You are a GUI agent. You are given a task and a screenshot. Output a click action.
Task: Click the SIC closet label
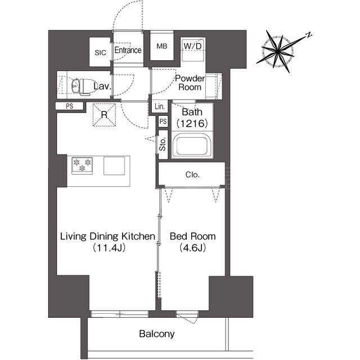100,52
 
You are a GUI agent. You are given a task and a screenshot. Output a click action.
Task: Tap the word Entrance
128,50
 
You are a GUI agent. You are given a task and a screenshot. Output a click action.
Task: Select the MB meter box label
162,46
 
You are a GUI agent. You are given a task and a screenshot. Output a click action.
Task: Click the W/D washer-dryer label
193,46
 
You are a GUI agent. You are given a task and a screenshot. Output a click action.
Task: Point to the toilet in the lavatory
82,86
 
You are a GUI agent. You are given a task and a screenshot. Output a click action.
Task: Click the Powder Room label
190,83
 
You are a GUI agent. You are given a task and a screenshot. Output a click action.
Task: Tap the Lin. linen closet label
160,106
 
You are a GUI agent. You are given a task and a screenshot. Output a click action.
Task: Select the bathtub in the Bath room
192,146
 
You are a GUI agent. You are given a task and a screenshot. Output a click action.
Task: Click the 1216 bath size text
192,124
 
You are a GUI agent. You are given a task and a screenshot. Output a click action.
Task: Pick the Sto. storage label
163,144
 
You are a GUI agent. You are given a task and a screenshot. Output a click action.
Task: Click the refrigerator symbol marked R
104,115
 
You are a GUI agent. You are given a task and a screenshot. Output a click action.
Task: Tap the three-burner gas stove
82,165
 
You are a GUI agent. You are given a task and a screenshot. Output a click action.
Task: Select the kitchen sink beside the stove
114,165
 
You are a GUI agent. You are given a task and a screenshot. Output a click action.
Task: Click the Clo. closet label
192,175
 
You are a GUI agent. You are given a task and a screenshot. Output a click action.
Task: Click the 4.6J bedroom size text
192,247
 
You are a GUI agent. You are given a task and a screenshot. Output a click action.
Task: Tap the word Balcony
157,334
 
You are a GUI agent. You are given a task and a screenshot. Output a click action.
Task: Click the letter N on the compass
309,35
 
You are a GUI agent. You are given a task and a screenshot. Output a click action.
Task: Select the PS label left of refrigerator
69,106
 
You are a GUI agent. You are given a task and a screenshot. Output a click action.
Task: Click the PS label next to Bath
163,121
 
